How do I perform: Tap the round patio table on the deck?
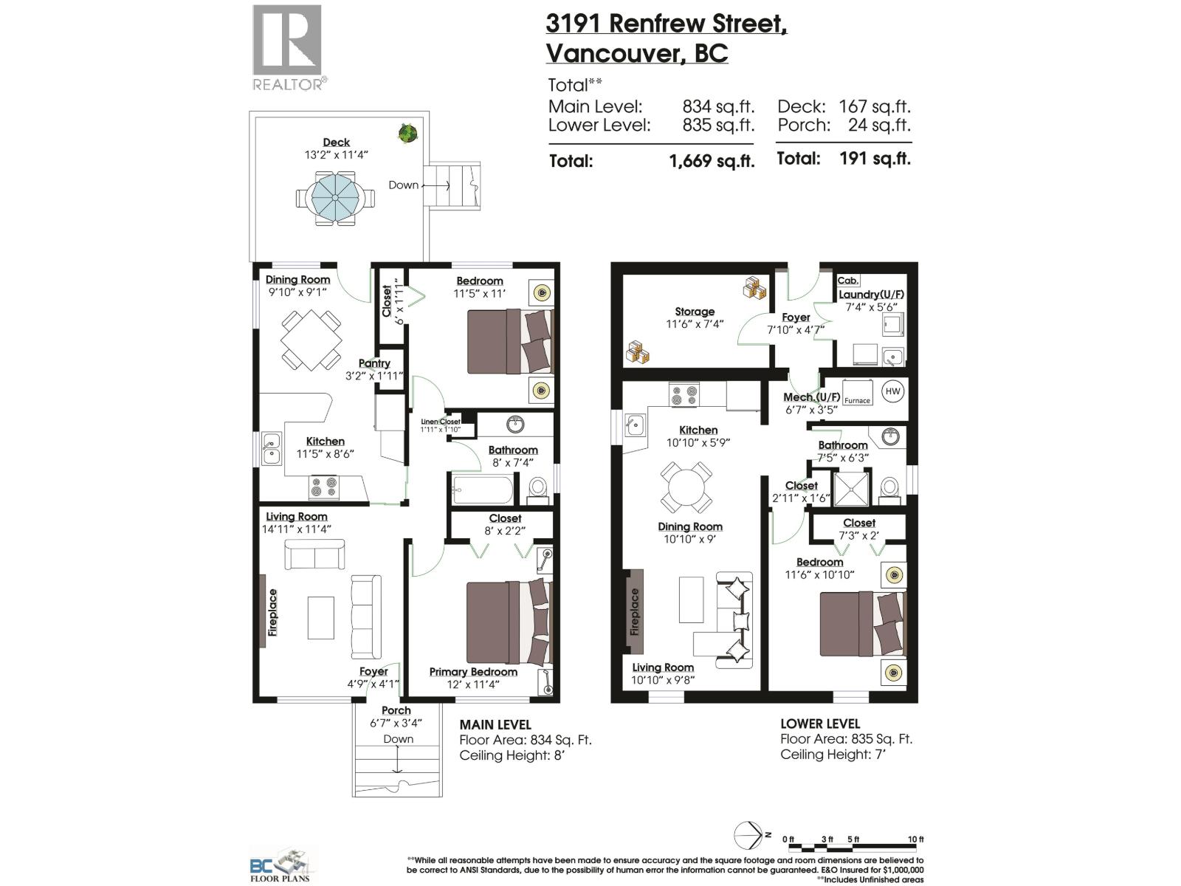click(334, 198)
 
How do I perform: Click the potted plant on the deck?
click(407, 134)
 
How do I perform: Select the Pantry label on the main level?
click(374, 363)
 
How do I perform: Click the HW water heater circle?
click(892, 391)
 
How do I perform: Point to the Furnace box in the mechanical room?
click(857, 393)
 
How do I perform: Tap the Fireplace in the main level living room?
click(273, 612)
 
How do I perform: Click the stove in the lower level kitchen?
click(684, 394)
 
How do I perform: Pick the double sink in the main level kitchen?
click(270, 447)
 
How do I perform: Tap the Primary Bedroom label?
click(473, 672)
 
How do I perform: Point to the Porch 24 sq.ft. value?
click(878, 125)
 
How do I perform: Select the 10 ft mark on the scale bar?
click(915, 839)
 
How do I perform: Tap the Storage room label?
click(694, 312)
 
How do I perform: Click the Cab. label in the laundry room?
click(847, 281)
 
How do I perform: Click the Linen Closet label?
click(441, 422)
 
